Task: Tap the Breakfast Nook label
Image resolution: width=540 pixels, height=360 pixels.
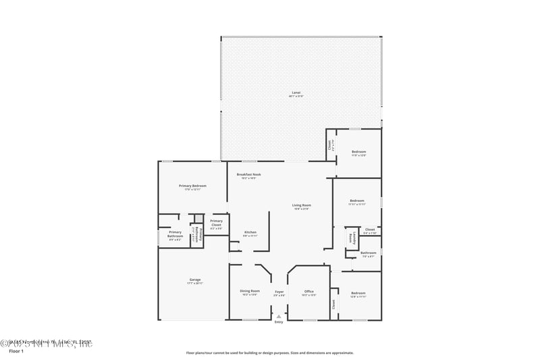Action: point(248,176)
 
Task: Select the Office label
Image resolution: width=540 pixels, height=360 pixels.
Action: point(308,292)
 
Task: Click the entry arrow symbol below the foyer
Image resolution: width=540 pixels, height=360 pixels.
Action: point(279,315)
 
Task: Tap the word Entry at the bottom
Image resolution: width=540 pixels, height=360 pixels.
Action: point(279,322)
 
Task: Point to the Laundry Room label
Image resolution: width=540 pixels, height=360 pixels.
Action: point(352,238)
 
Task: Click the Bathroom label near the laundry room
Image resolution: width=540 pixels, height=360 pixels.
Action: point(368,254)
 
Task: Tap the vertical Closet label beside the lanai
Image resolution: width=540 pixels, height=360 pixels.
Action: point(330,145)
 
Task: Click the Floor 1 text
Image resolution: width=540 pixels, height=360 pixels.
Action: point(16,351)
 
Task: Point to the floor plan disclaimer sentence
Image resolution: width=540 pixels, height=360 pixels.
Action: point(270,353)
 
